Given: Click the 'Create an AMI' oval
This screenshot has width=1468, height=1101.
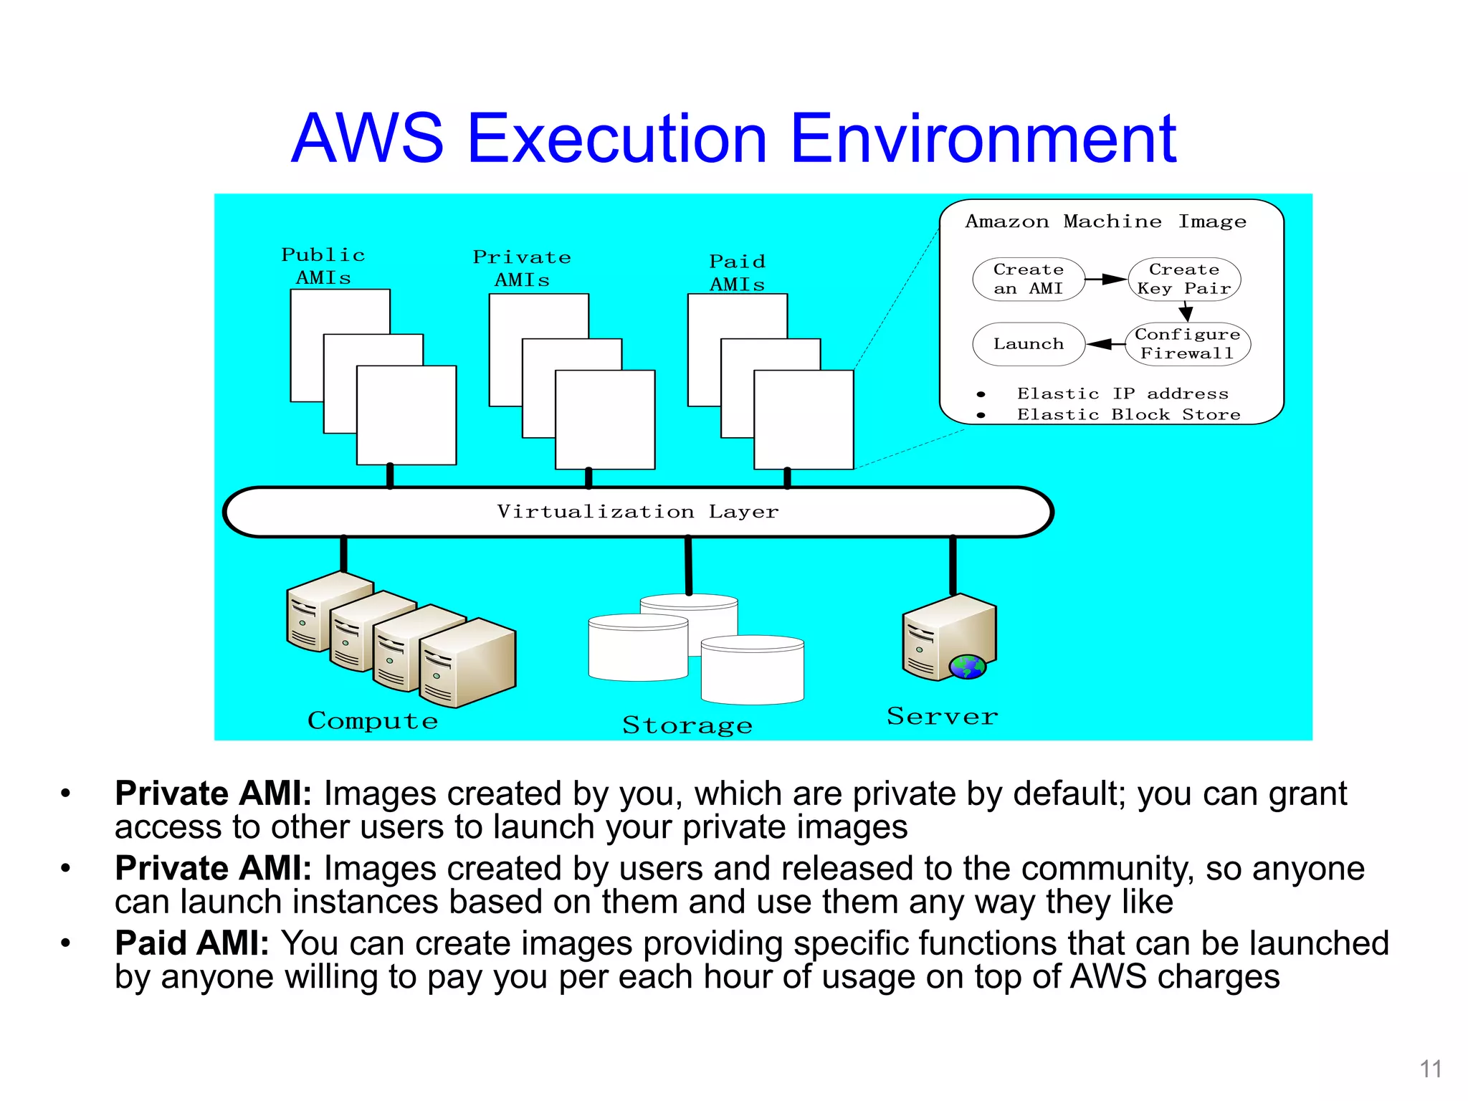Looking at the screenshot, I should pyautogui.click(x=1028, y=279).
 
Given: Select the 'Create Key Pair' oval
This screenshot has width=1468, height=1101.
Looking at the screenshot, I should pyautogui.click(x=1184, y=279).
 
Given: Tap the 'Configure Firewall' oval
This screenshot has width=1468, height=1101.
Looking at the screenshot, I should pyautogui.click(x=1187, y=344).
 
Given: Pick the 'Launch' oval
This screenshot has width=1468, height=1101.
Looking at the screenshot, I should pyautogui.click(x=1028, y=344).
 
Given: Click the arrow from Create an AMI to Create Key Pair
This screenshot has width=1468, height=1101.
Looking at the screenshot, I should pyautogui.click(x=1106, y=279).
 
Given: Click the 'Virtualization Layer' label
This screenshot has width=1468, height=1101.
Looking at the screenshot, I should pyautogui.click(x=637, y=512).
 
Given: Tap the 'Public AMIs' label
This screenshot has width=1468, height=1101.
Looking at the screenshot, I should pyautogui.click(x=323, y=266).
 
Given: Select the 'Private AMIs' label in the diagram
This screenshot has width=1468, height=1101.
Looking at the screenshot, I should pyautogui.click(x=522, y=269).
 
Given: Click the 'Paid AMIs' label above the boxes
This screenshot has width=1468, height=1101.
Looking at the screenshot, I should pyautogui.click(x=737, y=273).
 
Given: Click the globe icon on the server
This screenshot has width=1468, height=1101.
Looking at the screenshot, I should pyautogui.click(x=967, y=667).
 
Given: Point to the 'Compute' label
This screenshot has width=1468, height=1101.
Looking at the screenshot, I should pyautogui.click(x=373, y=720).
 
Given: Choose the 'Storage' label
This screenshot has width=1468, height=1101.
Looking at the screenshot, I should pyautogui.click(x=687, y=725).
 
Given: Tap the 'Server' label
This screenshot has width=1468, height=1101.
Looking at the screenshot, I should pyautogui.click(x=942, y=716).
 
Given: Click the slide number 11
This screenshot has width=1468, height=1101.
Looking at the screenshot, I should pyautogui.click(x=1431, y=1069).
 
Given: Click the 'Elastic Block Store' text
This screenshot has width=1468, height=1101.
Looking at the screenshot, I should pyautogui.click(x=1128, y=415).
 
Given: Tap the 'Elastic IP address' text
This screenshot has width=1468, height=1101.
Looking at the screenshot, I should pyautogui.click(x=1123, y=394).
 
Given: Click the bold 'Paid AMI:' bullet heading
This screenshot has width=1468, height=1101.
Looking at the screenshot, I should pyautogui.click(x=192, y=943).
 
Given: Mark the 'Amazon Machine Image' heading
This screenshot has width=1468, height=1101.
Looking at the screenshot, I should pyautogui.click(x=1105, y=221).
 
